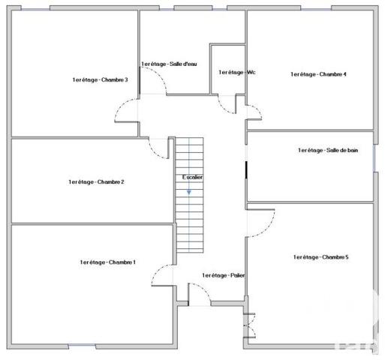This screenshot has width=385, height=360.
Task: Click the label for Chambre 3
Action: [x=100, y=80]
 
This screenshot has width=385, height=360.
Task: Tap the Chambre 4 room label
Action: [x=318, y=74]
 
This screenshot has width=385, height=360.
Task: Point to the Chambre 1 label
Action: [x=107, y=262]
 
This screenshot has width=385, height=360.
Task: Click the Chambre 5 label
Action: [x=320, y=257]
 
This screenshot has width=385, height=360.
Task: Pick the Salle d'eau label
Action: [x=169, y=64]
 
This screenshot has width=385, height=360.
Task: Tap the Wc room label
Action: [x=237, y=72]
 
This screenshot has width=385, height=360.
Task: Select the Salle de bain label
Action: [x=328, y=151]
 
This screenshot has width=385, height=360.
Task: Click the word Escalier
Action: [x=192, y=177]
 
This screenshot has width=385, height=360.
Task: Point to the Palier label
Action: [x=223, y=276]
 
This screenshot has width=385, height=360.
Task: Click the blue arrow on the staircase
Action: [x=189, y=193]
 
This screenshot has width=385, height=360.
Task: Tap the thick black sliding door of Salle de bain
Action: [x=246, y=169]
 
